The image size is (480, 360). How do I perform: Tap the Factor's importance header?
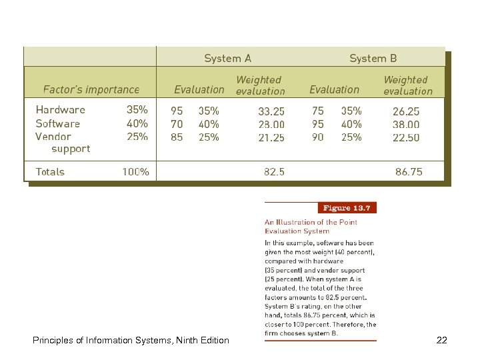coord(91,89)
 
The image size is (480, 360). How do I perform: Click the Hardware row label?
coord(61,110)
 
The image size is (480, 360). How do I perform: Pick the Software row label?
coord(58,123)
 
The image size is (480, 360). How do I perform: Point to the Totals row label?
coord(50,171)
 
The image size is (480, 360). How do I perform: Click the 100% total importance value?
coord(135,171)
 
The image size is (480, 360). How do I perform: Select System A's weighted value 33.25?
coord(271,111)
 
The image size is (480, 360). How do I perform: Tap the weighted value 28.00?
coord(271,124)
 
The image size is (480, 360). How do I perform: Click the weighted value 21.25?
coord(271,137)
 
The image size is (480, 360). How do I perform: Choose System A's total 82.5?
coord(274,171)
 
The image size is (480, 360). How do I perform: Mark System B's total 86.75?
coord(409,171)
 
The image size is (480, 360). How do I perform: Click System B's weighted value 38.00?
coord(406,124)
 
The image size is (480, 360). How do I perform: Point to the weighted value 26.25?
coord(406,111)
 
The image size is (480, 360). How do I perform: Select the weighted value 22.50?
coord(406,137)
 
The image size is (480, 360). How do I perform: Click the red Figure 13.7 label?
coord(347,207)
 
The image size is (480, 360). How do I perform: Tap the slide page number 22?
coord(441,341)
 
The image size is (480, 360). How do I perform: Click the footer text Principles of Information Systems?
coord(131,341)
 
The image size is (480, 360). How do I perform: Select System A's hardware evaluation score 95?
coord(177,111)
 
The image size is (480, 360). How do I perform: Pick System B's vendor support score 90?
coord(318,137)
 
